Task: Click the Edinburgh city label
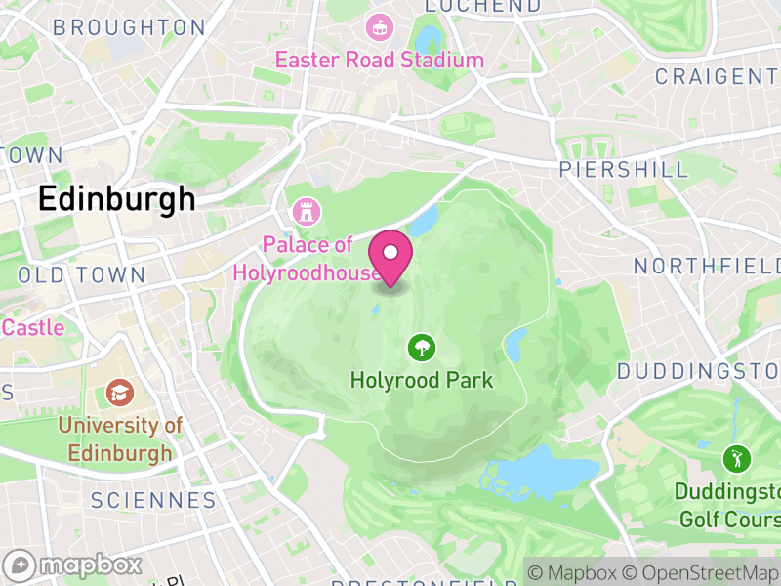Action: pyautogui.click(x=116, y=199)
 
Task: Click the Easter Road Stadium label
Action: pyautogui.click(x=379, y=60)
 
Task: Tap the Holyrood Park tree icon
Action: pyautogui.click(x=422, y=347)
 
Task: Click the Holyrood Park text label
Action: pyautogui.click(x=422, y=380)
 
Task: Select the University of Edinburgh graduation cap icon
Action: pyautogui.click(x=120, y=393)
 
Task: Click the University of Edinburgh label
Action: pyautogui.click(x=120, y=439)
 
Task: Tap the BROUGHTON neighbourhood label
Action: pyautogui.click(x=129, y=27)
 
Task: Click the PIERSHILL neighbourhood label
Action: pyautogui.click(x=623, y=170)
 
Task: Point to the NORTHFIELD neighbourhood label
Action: pyautogui.click(x=707, y=266)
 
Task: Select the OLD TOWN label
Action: pyautogui.click(x=82, y=275)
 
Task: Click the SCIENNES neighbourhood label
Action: pyautogui.click(x=152, y=501)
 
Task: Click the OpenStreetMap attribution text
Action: pyautogui.click(x=700, y=573)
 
